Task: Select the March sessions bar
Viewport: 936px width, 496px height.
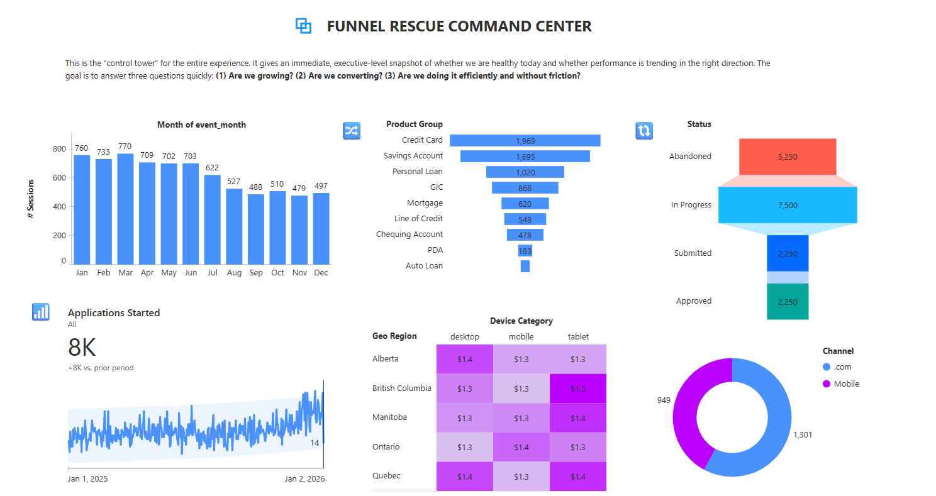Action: pos(125,209)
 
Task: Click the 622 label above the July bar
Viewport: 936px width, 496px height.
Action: pos(212,168)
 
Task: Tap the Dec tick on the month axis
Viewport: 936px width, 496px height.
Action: pos(321,273)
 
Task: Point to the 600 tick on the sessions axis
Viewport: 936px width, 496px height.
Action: pos(59,178)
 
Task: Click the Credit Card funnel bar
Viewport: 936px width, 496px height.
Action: pos(525,141)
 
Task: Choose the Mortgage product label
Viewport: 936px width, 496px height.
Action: pos(425,203)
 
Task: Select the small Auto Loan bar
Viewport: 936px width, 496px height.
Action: pos(525,266)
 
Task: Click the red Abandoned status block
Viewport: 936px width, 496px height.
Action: pos(787,157)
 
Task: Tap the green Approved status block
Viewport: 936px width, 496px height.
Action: pos(787,302)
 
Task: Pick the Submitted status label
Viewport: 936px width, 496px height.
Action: pos(693,253)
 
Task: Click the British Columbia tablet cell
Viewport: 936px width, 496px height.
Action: pos(577,389)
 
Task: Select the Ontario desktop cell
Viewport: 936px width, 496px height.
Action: pos(464,447)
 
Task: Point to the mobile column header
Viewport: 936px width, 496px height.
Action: pos(521,337)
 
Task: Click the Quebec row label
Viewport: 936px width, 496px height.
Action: pos(386,476)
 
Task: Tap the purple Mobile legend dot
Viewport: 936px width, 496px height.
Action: pos(826,384)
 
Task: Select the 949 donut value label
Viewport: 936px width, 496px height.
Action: pos(664,400)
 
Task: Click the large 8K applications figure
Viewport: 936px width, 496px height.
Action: pos(82,347)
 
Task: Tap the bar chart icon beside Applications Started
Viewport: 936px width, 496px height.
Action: pos(41,312)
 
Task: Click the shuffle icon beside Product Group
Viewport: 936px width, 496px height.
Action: pos(351,130)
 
